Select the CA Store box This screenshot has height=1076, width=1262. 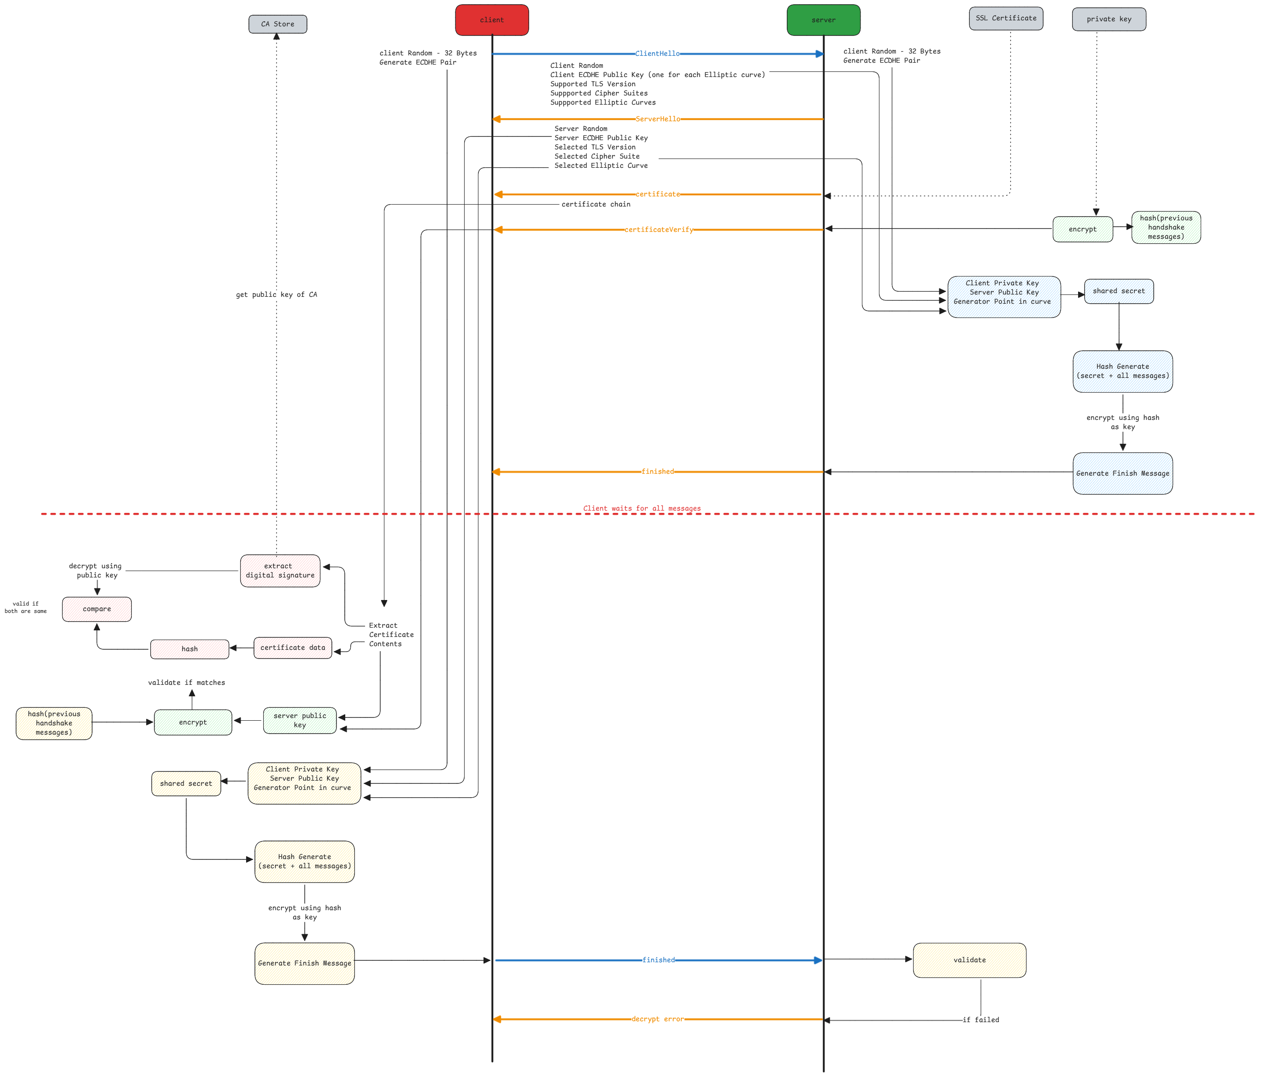click(x=278, y=24)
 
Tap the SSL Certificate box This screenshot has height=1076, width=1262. click(x=1006, y=18)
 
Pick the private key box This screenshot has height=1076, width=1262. click(x=1109, y=19)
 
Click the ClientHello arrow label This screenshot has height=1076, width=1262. click(x=657, y=53)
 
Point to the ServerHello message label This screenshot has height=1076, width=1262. click(x=657, y=119)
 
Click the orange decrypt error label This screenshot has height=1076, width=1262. click(x=657, y=1019)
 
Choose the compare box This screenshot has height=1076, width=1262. click(x=97, y=609)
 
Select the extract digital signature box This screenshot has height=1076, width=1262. click(x=280, y=570)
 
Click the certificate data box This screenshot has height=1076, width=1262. click(x=293, y=648)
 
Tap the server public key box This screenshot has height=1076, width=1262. click(x=300, y=720)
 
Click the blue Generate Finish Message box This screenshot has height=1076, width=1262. click(x=1122, y=473)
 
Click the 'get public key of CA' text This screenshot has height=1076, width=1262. click(x=277, y=295)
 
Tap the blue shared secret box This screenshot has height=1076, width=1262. click(x=1118, y=291)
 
